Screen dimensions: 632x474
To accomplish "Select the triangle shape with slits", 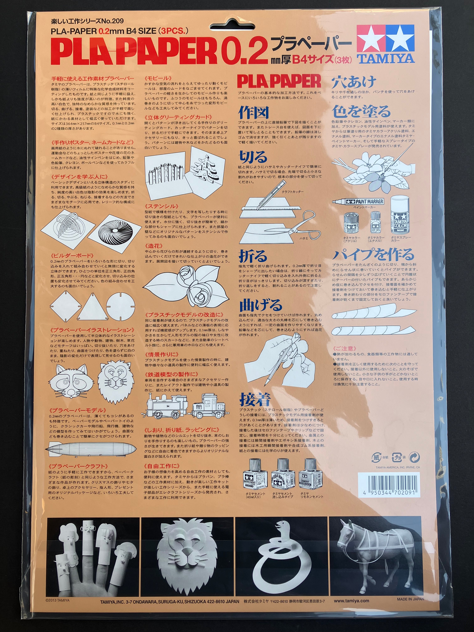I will pyautogui.click(x=93, y=307).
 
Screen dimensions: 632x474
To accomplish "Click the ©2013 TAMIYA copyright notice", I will pyautogui.click(x=57, y=600).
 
